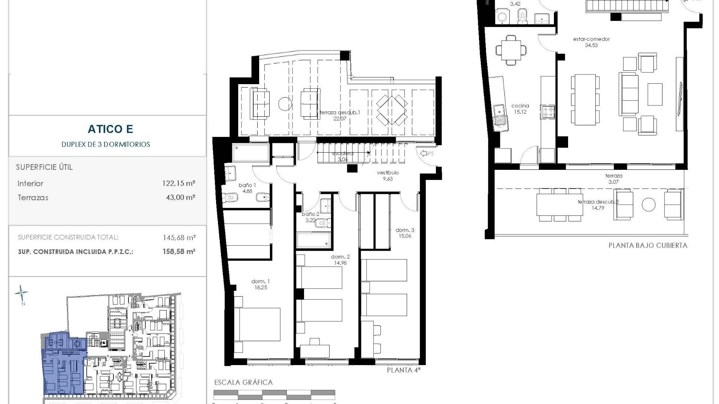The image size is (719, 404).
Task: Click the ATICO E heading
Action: [x=110, y=129]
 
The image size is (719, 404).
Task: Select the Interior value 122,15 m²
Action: [x=180, y=184]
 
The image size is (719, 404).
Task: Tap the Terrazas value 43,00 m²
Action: [x=180, y=198]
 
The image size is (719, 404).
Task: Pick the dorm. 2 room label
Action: [x=340, y=260]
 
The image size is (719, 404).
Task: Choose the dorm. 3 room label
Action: [x=405, y=233]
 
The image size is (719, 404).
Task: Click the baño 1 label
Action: [x=248, y=188]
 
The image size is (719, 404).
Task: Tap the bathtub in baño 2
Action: [x=314, y=241]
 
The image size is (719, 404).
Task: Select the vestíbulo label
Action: [x=388, y=175]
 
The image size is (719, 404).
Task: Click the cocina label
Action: [x=520, y=108]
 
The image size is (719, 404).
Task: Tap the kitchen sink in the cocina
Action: [x=499, y=114]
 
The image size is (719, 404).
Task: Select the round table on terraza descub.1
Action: [x=285, y=104]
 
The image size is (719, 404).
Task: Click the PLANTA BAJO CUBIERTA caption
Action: [x=647, y=246]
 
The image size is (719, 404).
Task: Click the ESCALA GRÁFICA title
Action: [x=243, y=382]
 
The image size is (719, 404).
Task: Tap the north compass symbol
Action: [x=21, y=294]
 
